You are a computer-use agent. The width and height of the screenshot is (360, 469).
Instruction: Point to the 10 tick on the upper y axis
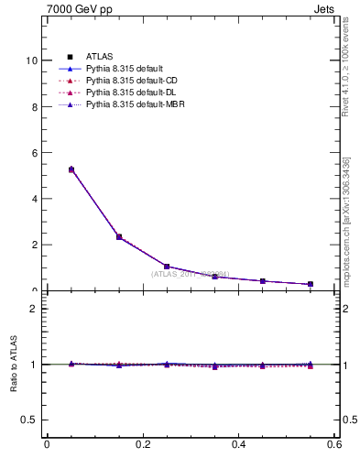[x=31, y=60]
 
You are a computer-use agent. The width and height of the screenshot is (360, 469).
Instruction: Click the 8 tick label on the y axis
[x=34, y=106]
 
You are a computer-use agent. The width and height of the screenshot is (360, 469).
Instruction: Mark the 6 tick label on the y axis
[x=34, y=152]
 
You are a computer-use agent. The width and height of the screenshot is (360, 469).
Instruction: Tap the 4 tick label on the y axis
[x=34, y=199]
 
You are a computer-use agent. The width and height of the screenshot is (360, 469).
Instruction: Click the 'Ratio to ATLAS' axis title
[x=14, y=365]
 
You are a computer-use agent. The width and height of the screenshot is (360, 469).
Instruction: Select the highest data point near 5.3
[x=71, y=169]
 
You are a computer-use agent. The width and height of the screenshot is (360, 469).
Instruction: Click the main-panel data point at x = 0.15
[x=119, y=237]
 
